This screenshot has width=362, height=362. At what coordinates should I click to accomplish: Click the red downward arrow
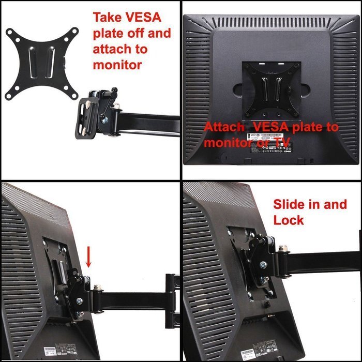pyautogui.click(x=88, y=257)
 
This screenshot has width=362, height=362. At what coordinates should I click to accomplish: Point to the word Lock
pyautogui.click(x=289, y=220)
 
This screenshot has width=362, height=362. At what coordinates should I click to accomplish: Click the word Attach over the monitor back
pyautogui.click(x=222, y=127)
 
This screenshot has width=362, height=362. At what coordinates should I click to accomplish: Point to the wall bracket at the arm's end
pyautogui.click(x=172, y=295)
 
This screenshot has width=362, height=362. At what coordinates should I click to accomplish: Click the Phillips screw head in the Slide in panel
pyautogui.click(x=263, y=265)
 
